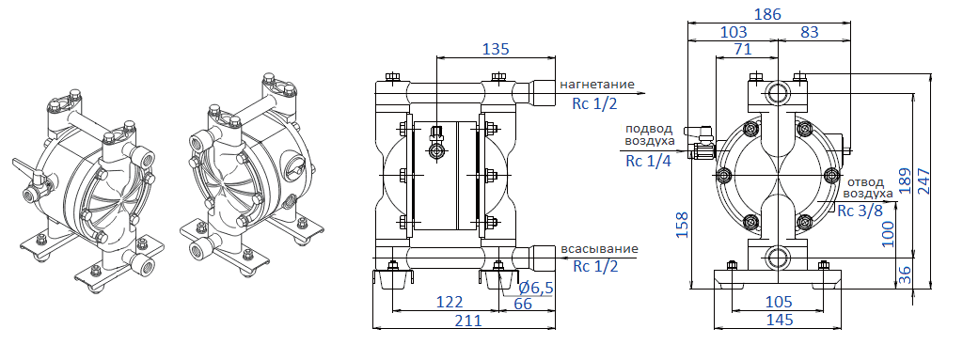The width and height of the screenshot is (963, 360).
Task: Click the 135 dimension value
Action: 496,49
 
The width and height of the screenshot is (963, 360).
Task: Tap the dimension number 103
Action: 734,32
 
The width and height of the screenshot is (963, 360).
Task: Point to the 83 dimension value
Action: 808,32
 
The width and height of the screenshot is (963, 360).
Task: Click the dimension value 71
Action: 742,50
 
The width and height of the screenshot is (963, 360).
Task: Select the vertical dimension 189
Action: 905,179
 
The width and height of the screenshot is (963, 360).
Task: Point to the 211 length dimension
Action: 467,321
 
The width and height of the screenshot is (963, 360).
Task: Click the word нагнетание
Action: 597,85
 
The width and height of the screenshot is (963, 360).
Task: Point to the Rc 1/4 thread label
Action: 648,161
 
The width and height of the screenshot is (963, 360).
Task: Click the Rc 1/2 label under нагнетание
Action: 594,103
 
